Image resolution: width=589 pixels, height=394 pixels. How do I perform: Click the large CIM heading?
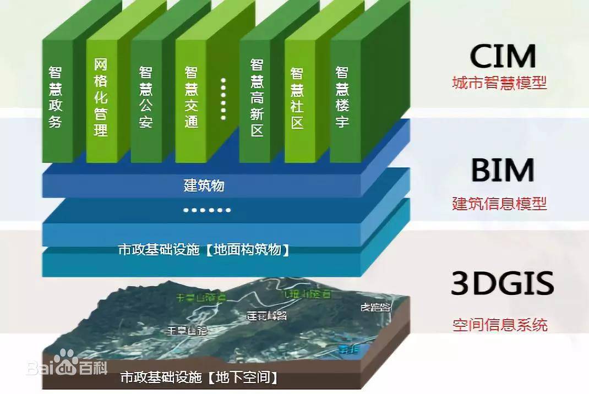(x=503, y=56)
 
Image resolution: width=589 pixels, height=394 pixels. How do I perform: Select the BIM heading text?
(x=503, y=171)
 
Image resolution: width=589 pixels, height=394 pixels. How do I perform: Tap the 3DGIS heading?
(x=502, y=284)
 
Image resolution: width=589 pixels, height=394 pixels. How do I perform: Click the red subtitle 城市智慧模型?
(x=499, y=84)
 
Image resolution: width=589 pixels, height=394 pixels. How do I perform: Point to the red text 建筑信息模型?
(x=499, y=204)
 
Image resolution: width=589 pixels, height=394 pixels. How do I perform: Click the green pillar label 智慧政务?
(x=55, y=97)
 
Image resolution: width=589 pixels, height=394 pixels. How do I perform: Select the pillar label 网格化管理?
(x=101, y=97)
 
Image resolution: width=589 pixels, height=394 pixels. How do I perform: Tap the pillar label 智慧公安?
(x=145, y=97)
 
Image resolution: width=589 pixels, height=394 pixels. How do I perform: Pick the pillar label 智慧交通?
(x=191, y=97)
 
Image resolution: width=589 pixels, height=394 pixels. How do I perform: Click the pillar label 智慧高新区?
(x=257, y=97)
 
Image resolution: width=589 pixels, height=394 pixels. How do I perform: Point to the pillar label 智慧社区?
(x=297, y=98)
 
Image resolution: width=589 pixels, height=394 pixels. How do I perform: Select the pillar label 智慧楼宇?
(x=342, y=97)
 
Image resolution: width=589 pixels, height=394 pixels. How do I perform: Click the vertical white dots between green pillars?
(x=223, y=97)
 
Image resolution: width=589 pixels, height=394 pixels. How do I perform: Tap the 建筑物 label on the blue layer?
(x=204, y=185)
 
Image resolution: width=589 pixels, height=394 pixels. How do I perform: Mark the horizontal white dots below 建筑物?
(x=207, y=210)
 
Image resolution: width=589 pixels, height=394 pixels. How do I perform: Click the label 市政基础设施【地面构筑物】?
(x=204, y=250)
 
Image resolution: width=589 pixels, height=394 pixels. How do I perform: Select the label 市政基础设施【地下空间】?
(x=199, y=378)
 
